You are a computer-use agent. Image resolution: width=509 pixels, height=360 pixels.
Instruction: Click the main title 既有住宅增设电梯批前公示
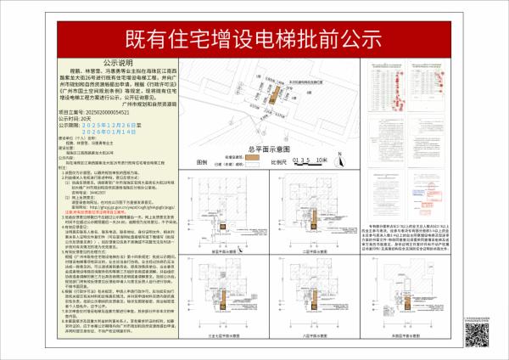click(254, 38)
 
